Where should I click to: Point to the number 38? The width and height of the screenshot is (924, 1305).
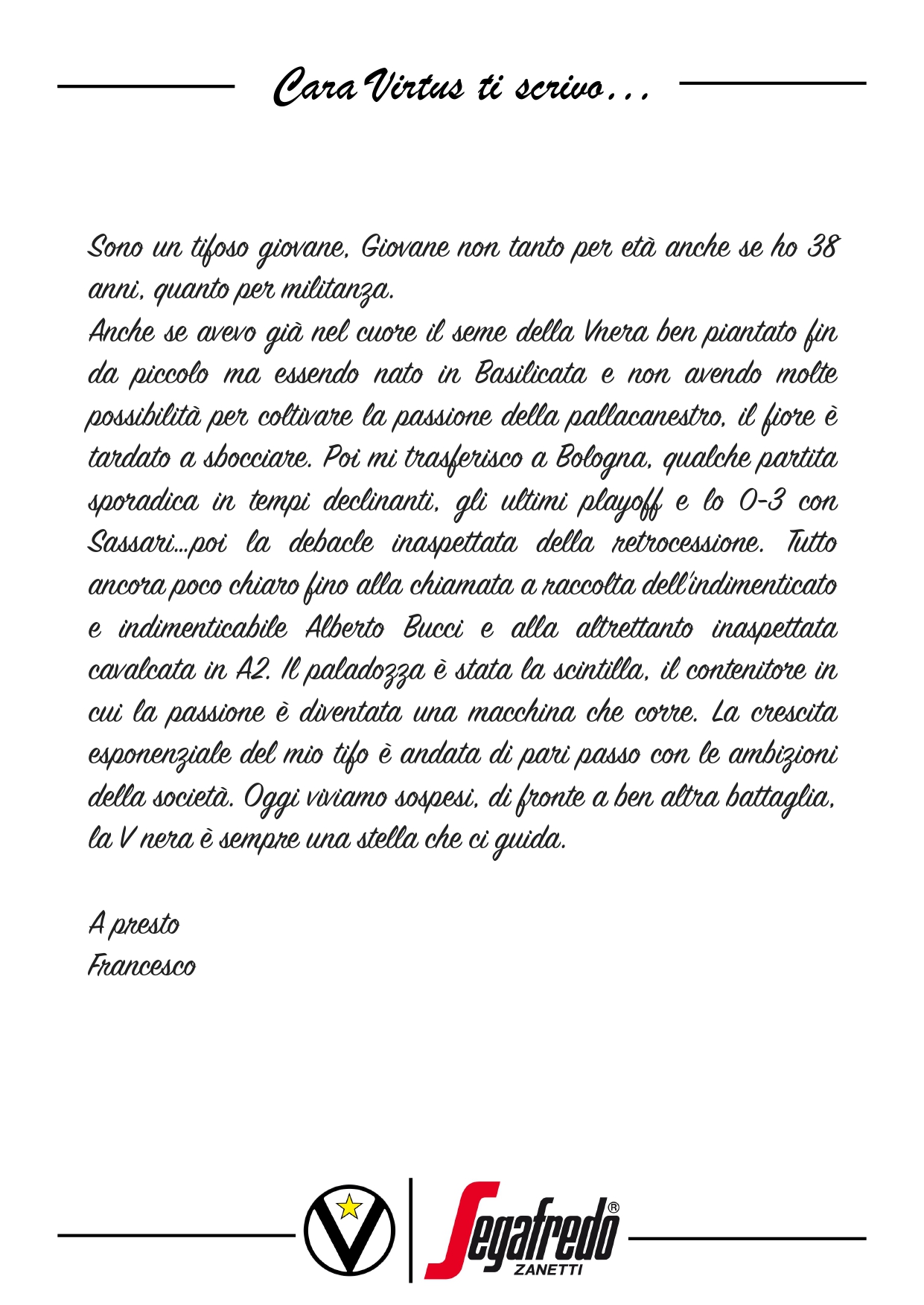823,247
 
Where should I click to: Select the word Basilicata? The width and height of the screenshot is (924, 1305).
531,373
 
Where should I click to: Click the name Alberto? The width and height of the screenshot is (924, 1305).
345,629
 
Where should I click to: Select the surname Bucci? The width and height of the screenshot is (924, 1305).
433,629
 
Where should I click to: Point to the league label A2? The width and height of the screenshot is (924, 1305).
252,670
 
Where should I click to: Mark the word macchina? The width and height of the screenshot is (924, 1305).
521,714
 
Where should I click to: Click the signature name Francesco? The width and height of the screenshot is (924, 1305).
141,966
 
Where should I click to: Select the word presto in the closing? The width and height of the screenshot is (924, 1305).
145,926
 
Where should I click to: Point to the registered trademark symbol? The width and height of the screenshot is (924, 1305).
613,1207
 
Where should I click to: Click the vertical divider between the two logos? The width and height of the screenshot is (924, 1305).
410,1230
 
